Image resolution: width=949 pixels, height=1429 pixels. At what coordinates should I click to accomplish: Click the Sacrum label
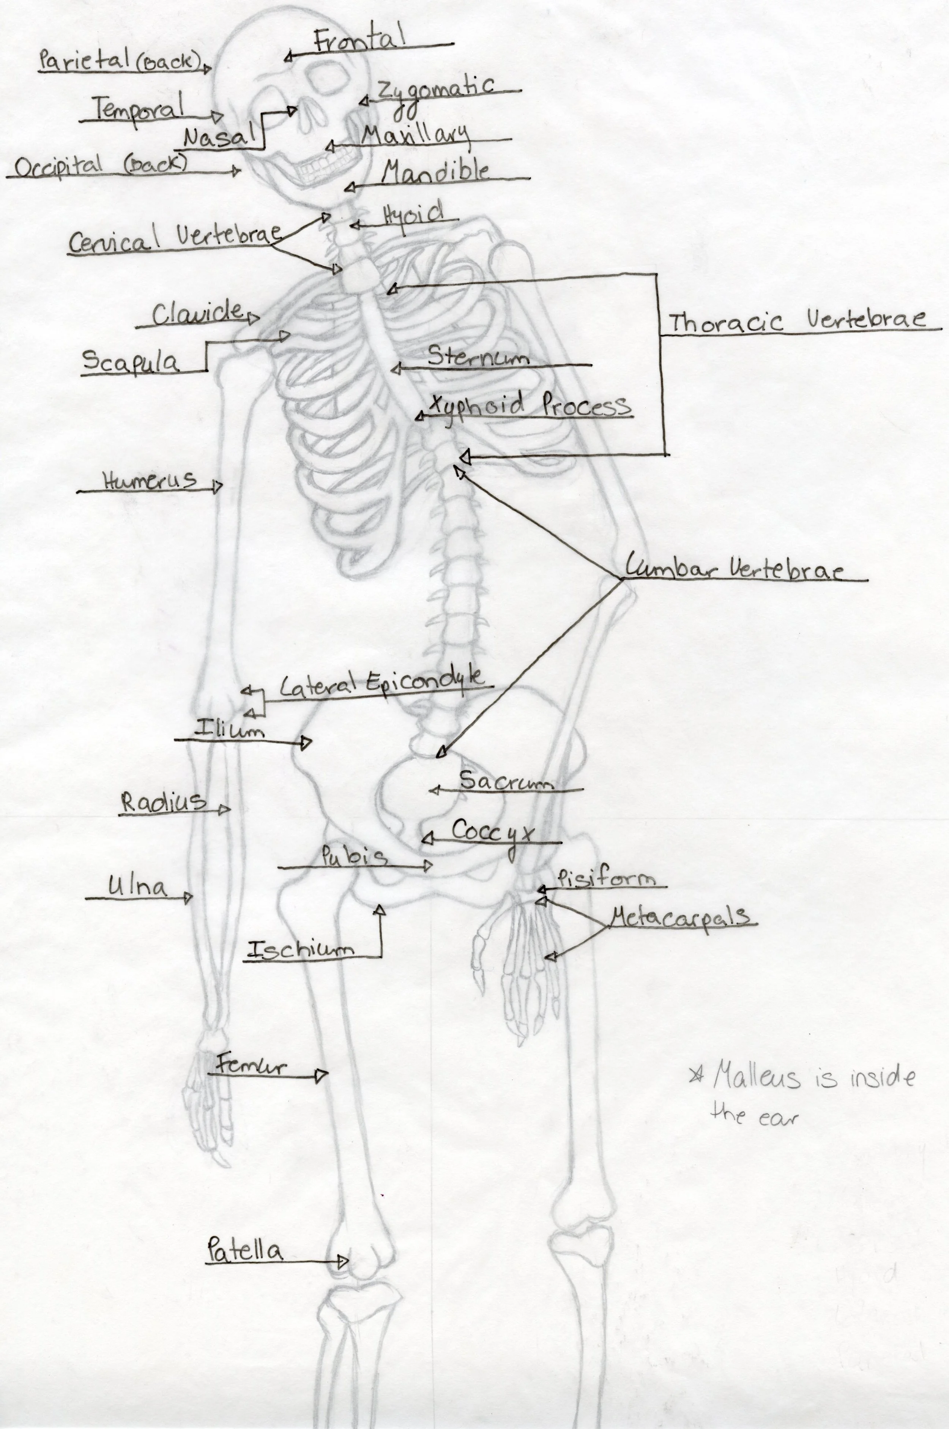[506, 781]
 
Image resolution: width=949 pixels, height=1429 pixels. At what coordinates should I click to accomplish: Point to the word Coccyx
[493, 831]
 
